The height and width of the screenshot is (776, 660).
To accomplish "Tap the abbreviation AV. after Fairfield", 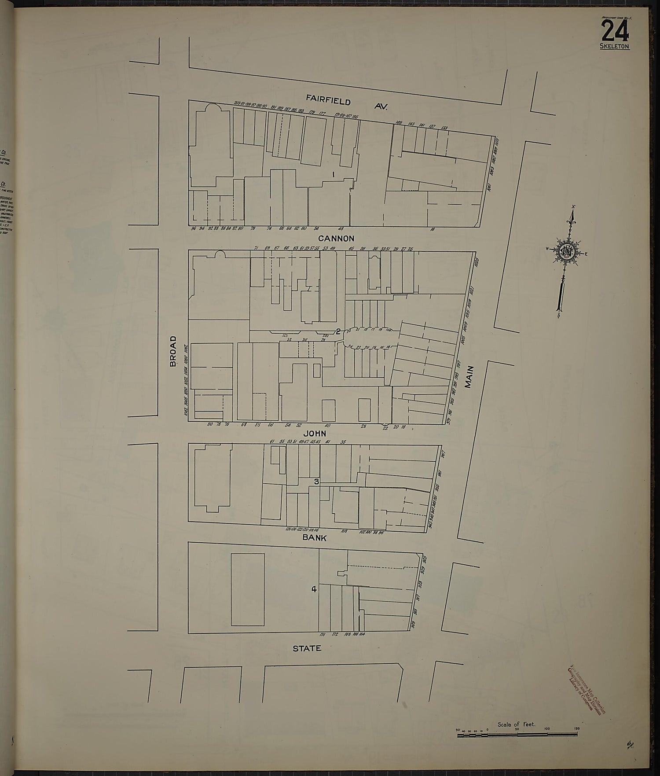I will pyautogui.click(x=381, y=106).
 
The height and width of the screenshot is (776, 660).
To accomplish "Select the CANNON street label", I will pyautogui.click(x=336, y=239).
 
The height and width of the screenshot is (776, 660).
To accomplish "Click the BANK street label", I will pyautogui.click(x=314, y=537).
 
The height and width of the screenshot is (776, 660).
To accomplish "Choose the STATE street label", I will pyautogui.click(x=307, y=648).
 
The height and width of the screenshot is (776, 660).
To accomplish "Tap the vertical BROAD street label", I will pyautogui.click(x=173, y=351).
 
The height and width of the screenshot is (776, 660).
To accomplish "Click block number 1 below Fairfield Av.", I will pyautogui.click(x=334, y=174).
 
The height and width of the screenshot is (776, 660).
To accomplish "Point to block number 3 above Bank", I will pyautogui.click(x=316, y=482).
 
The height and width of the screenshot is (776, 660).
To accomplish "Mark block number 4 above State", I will pyautogui.click(x=314, y=589).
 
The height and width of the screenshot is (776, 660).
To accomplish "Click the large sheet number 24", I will pyautogui.click(x=615, y=31).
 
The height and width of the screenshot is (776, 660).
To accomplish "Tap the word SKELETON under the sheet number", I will pyautogui.click(x=615, y=46).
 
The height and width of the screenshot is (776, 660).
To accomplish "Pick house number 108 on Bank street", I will pyautogui.click(x=344, y=531).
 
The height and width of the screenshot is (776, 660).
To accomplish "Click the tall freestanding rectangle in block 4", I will pyautogui.click(x=248, y=589).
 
